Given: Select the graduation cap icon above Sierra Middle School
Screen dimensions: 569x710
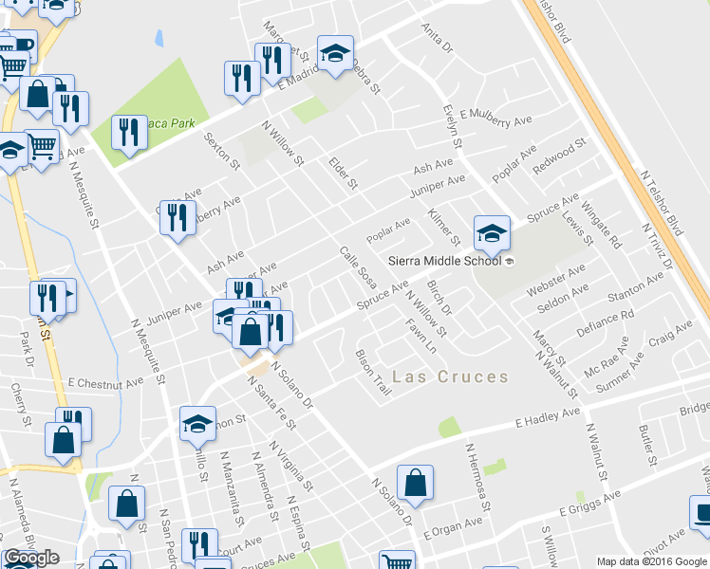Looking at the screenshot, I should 493,232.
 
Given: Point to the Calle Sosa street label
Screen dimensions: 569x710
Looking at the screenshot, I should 358,267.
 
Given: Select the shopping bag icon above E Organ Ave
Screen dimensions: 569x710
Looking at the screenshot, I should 415,483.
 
